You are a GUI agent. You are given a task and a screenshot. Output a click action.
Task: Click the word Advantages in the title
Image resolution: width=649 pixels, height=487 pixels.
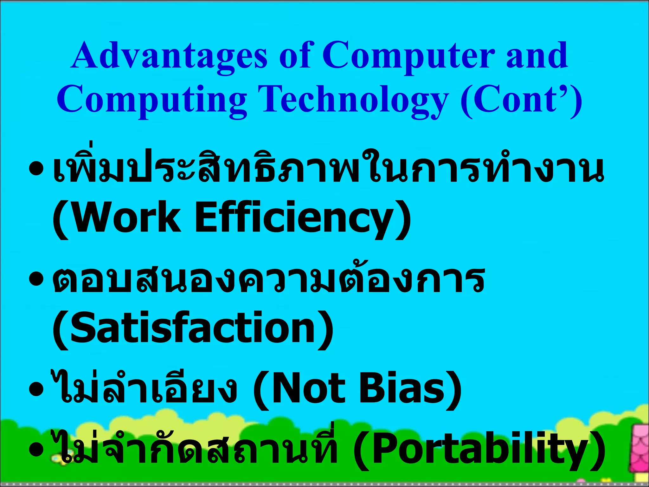coord(169,56)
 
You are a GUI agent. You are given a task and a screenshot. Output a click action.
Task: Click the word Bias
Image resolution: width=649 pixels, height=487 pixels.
coord(409,389)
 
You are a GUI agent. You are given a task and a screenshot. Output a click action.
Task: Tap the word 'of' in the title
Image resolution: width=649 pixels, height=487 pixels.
coord(295,56)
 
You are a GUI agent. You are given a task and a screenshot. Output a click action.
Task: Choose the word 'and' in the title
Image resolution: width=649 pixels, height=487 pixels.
coord(537,56)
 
